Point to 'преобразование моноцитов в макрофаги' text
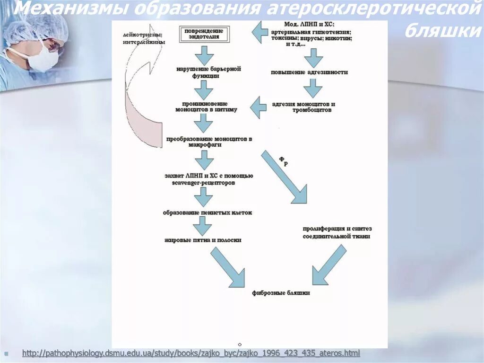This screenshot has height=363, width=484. tap(209, 142)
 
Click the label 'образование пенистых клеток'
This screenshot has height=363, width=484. tap(207, 213)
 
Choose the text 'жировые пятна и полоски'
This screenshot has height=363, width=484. tap(203, 240)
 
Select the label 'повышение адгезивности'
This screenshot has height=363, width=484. tap(309, 72)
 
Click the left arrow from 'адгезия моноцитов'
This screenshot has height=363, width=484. tap(258, 107)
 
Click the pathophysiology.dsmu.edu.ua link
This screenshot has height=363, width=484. tap(191, 353)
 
